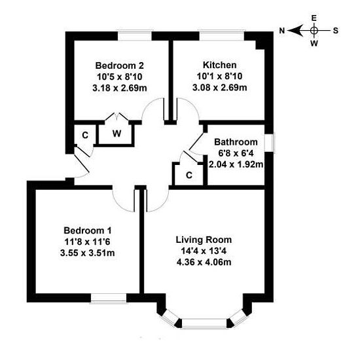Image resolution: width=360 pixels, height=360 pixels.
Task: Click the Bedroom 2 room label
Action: (119, 65)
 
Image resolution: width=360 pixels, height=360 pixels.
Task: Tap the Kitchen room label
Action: (219, 65)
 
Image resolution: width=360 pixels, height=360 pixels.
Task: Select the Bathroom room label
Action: (236, 142)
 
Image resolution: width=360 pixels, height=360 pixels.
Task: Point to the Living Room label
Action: (204, 240)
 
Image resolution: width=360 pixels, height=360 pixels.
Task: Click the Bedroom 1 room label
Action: (88, 230)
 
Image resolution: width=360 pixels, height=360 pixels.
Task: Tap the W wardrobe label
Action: (117, 134)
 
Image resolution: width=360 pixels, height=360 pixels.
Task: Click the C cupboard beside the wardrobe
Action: (85, 135)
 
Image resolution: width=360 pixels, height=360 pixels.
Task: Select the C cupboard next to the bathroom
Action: (189, 175)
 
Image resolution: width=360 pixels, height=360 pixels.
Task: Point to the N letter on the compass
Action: (282, 31)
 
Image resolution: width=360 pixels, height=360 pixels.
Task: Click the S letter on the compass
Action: (336, 31)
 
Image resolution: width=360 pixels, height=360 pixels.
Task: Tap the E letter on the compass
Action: (314, 18)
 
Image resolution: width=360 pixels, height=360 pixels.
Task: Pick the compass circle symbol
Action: (314, 30)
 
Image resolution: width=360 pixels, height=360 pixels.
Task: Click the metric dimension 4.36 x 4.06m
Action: (204, 262)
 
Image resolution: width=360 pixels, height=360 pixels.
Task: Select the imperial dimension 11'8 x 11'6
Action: (88, 242)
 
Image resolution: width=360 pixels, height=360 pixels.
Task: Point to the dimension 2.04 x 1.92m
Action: (236, 164)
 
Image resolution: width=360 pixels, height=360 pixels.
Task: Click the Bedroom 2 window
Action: (135, 36)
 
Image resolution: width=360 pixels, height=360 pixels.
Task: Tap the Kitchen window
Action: (221, 36)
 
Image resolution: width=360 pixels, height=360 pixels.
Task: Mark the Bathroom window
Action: (270, 143)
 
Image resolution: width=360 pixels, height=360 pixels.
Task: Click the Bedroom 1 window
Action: (109, 298)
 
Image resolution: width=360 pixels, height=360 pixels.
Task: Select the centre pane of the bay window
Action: (204, 323)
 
